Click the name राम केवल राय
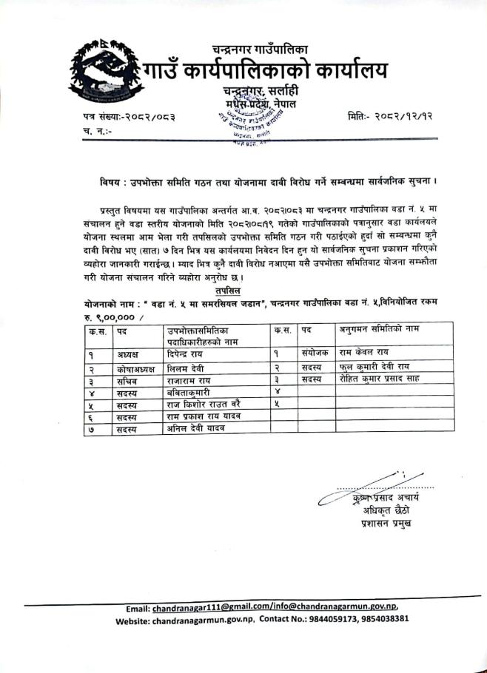(368, 354)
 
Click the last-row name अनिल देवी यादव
(195, 429)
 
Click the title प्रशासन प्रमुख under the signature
(383, 523)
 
